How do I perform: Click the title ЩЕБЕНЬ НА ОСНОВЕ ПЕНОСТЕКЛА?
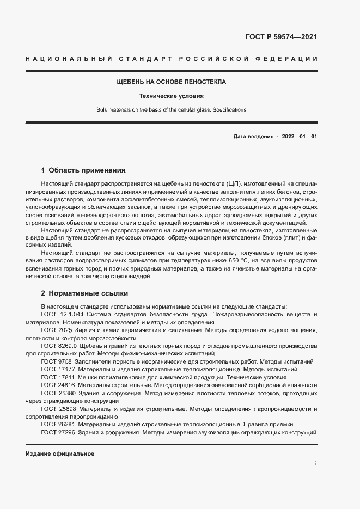tap(172, 82)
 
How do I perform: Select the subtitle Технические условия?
tap(171, 96)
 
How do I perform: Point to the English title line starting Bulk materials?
tap(172, 109)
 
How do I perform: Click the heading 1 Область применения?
tap(83, 170)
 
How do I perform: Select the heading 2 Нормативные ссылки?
tap(84, 292)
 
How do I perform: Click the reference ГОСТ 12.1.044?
tap(62, 315)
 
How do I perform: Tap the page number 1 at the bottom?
tap(315, 463)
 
